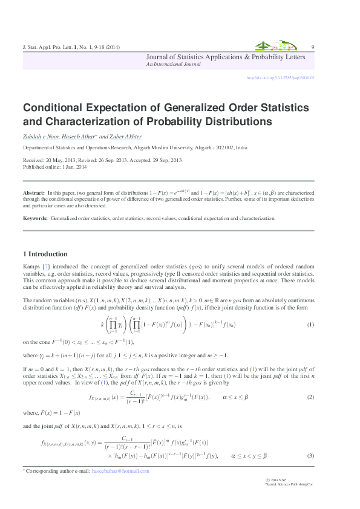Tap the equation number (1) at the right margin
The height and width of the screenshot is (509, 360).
click(311, 325)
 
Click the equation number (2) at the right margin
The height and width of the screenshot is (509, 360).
click(311, 397)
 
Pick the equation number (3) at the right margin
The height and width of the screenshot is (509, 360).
click(311, 455)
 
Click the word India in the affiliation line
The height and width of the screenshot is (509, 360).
click(241, 148)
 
